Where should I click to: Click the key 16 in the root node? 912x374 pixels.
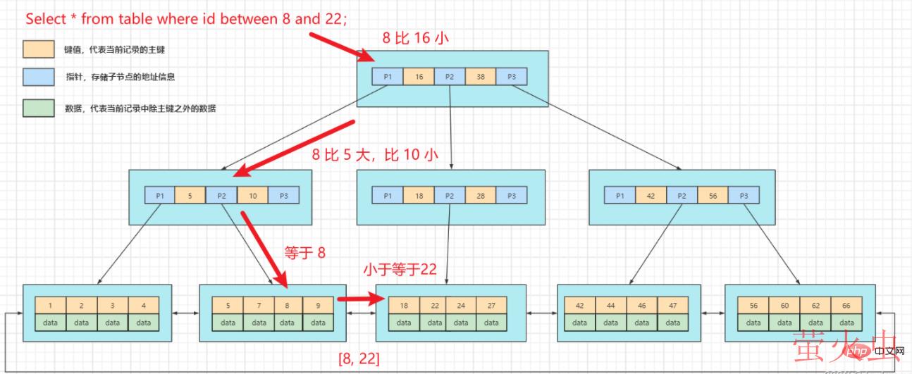click(x=419, y=76)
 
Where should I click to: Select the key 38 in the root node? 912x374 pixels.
click(x=480, y=76)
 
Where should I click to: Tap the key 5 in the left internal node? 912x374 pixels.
click(x=190, y=195)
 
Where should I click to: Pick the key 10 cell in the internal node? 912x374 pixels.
click(x=252, y=195)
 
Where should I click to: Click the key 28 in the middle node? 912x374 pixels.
click(x=480, y=195)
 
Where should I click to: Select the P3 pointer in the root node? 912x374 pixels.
click(x=511, y=76)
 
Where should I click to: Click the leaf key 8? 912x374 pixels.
click(x=288, y=306)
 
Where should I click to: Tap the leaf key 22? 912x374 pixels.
click(x=435, y=306)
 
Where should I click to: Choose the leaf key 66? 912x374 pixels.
click(x=846, y=306)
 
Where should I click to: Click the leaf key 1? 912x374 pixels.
click(x=51, y=306)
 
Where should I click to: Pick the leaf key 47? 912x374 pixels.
click(x=672, y=306)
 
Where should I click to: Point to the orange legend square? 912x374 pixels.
click(x=38, y=49)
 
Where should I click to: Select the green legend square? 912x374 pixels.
click(x=38, y=108)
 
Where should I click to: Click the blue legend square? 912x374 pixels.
click(x=38, y=76)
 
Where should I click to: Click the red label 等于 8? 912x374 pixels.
click(x=304, y=252)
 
